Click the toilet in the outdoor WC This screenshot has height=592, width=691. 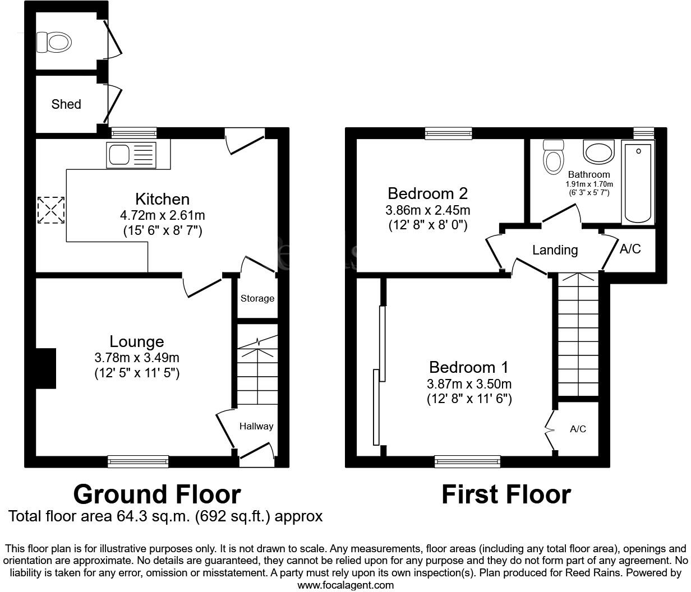pyautogui.click(x=54, y=41)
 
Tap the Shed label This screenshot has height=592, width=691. pyautogui.click(x=66, y=104)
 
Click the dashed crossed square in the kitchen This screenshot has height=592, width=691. pyautogui.click(x=51, y=210)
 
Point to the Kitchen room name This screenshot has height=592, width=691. pyautogui.click(x=162, y=199)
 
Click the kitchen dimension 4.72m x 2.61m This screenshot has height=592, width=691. pyautogui.click(x=162, y=215)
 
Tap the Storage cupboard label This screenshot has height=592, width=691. pyautogui.click(x=257, y=298)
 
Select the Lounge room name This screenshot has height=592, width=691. pyautogui.click(x=137, y=341)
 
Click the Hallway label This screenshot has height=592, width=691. pyautogui.click(x=256, y=426)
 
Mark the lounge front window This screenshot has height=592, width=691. pyautogui.click(x=138, y=461)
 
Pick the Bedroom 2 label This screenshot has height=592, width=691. pyautogui.click(x=427, y=194)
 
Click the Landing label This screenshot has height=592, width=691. pyautogui.click(x=555, y=250)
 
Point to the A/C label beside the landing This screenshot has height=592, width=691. pyautogui.click(x=630, y=249)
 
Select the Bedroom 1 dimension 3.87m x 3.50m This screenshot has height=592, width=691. pyautogui.click(x=469, y=384)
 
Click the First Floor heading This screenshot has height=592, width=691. pyautogui.click(x=506, y=495)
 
